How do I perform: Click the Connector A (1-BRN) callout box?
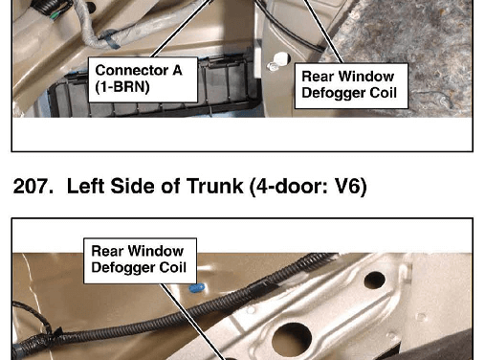click(x=143, y=79)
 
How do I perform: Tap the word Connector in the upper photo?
click(x=132, y=70)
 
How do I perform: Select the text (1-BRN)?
click(x=122, y=87)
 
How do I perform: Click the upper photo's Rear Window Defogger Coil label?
click(x=351, y=86)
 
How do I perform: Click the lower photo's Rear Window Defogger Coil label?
click(x=140, y=260)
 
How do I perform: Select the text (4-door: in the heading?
click(x=289, y=187)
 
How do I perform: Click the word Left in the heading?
click(x=86, y=186)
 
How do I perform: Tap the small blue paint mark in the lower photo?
click(x=197, y=288)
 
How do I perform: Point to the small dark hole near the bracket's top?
click(x=375, y=280)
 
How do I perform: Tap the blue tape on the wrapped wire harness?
click(x=110, y=41)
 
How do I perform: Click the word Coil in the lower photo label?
click(x=172, y=267)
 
